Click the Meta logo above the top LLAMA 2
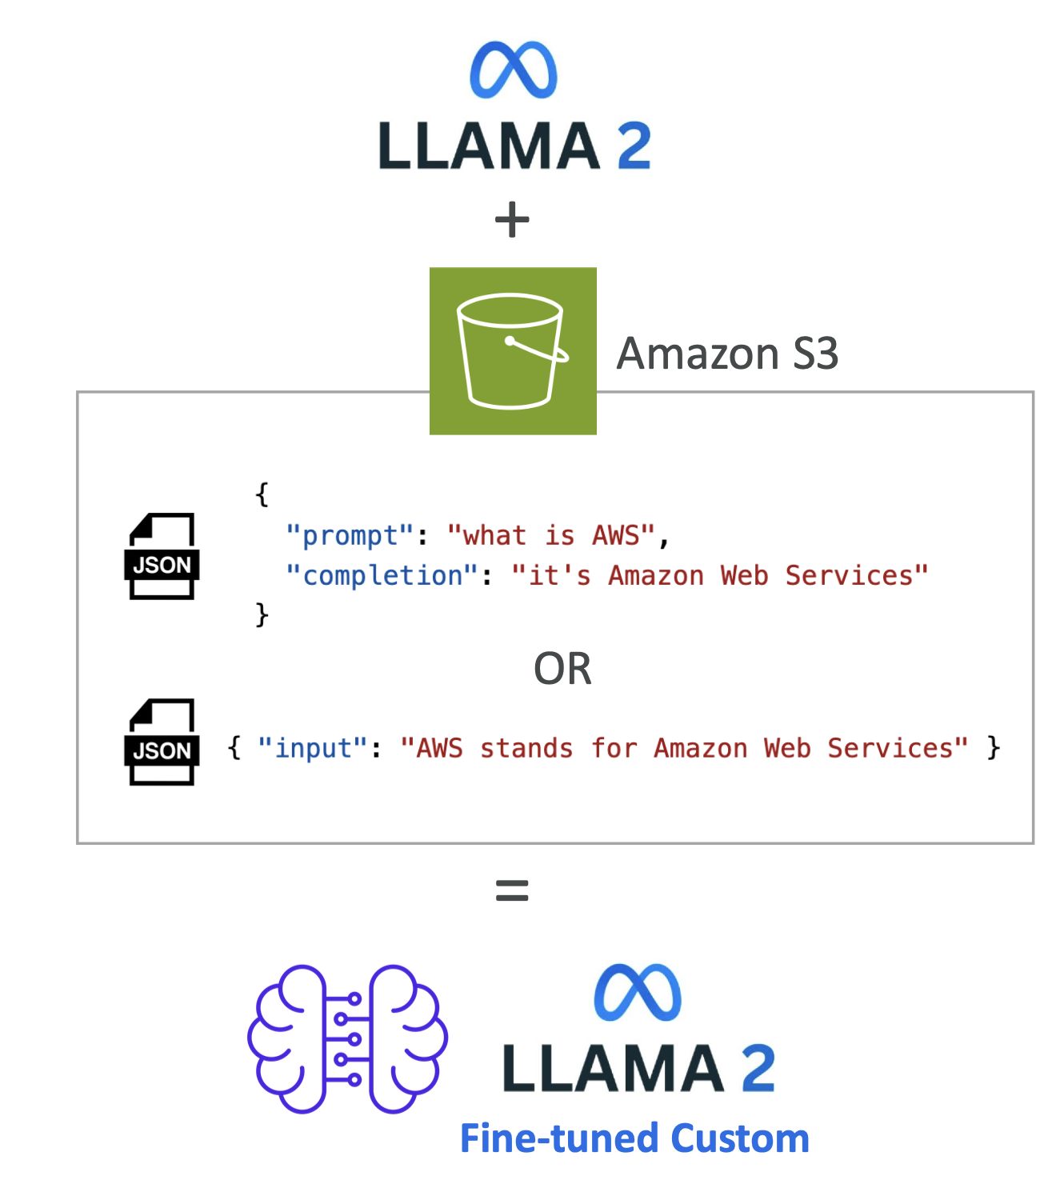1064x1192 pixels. click(x=513, y=70)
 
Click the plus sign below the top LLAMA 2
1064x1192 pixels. click(x=512, y=220)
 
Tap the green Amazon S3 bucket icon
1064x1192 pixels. click(x=513, y=351)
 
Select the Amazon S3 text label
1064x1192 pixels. click(x=727, y=354)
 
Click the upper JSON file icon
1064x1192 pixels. click(x=162, y=556)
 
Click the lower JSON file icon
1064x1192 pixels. click(x=162, y=742)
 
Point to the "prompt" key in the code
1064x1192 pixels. click(x=350, y=535)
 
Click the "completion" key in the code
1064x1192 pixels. click(x=382, y=575)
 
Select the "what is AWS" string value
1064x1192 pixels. click(x=551, y=535)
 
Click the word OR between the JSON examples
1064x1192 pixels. click(x=562, y=669)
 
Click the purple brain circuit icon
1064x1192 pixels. click(x=347, y=1038)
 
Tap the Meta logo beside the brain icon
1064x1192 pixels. click(x=638, y=993)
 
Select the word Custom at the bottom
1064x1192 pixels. click(x=740, y=1138)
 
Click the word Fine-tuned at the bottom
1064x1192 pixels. click(x=561, y=1138)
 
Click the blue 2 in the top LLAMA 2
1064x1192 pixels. click(x=634, y=146)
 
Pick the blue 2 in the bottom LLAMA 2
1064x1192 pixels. click(x=758, y=1068)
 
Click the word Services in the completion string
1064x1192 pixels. click(x=856, y=575)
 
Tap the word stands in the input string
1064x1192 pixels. click(x=526, y=748)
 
